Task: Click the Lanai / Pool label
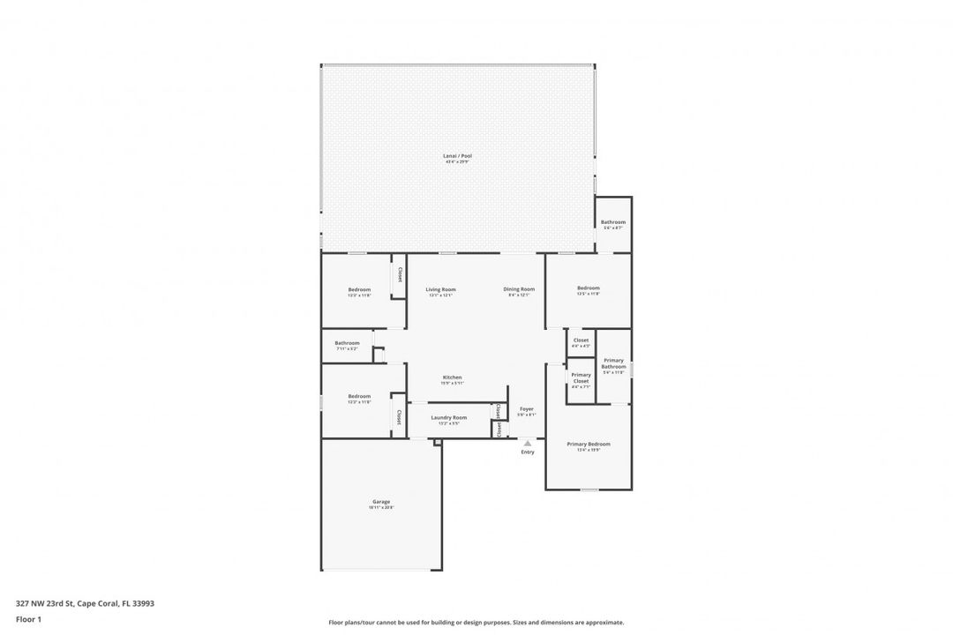tap(457, 156)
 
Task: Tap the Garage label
tap(381, 502)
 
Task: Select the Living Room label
tap(440, 289)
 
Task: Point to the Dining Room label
tap(519, 289)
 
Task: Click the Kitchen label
tap(452, 377)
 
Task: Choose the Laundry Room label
tap(449, 417)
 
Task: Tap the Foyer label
tap(527, 409)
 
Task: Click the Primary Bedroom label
tap(588, 444)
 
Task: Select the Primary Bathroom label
tap(613, 363)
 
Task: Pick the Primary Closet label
tap(581, 378)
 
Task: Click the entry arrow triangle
tap(528, 443)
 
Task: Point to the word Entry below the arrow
tap(528, 452)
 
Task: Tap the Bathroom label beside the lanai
tap(613, 222)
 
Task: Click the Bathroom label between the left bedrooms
tap(347, 343)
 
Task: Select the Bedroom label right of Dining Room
tap(589, 288)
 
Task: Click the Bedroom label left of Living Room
tap(359, 290)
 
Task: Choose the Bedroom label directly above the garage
tap(359, 396)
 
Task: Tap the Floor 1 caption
tap(28, 619)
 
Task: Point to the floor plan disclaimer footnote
tap(476, 622)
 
